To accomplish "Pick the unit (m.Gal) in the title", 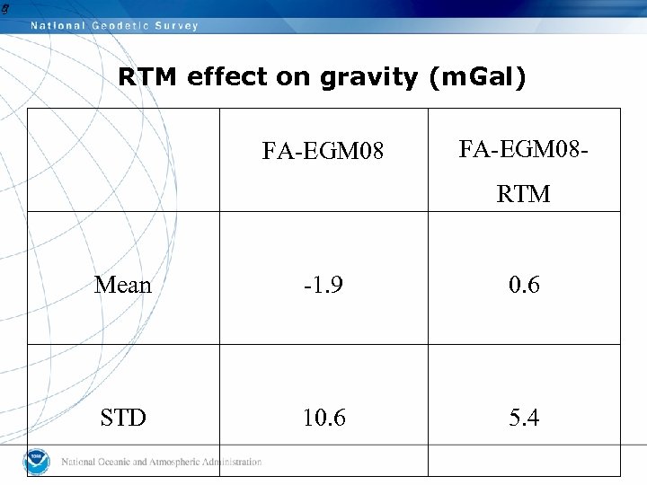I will [x=477, y=78].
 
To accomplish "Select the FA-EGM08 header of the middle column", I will [x=323, y=152].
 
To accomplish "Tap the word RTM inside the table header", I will [x=524, y=194].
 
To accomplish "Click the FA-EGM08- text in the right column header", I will [x=524, y=149].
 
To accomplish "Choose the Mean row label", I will [x=123, y=286].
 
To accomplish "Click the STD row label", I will [x=123, y=418].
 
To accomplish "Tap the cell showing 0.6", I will [x=524, y=286].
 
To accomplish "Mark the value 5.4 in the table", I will [x=524, y=418].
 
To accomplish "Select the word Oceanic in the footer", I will [x=114, y=463].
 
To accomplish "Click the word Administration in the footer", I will [x=228, y=463].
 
